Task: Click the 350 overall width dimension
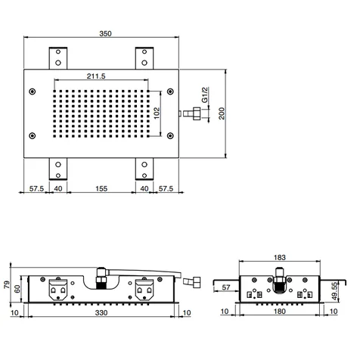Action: tap(105, 33)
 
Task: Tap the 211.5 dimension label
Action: tap(96, 76)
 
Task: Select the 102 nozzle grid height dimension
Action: tap(157, 113)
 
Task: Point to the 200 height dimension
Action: tap(222, 113)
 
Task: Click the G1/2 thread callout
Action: tap(204, 95)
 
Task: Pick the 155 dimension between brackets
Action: tap(101, 188)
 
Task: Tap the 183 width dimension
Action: tap(280, 257)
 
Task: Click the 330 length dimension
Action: tap(101, 312)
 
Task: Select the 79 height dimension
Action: tap(7, 284)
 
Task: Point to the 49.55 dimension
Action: tap(334, 291)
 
